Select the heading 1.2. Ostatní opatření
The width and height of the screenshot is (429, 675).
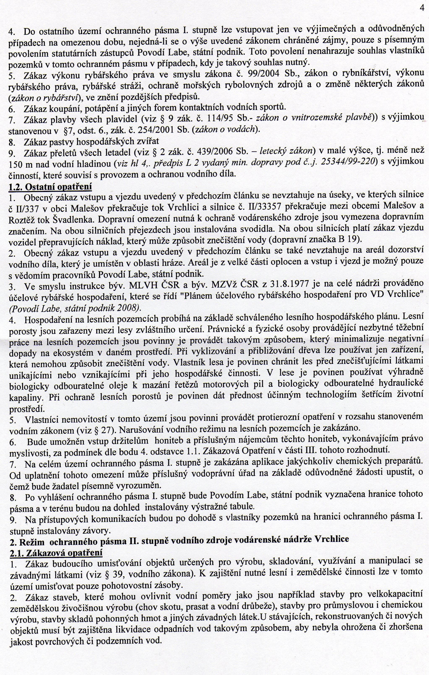[x=50, y=186]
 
